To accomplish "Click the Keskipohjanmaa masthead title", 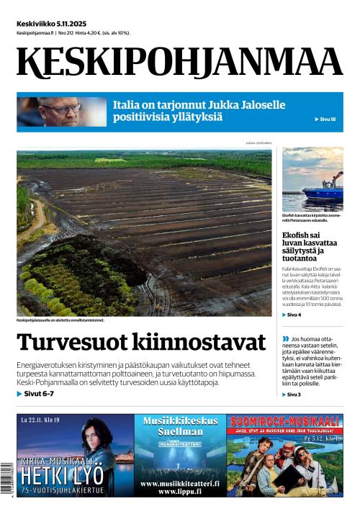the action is point(180,62).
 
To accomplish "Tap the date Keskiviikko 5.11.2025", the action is point(51,23).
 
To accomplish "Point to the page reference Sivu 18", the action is point(325,119).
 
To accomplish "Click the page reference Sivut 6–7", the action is point(37,394).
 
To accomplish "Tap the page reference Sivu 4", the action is point(293,315).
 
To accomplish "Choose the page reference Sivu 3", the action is point(293,394).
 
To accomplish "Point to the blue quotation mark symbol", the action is point(285,338).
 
